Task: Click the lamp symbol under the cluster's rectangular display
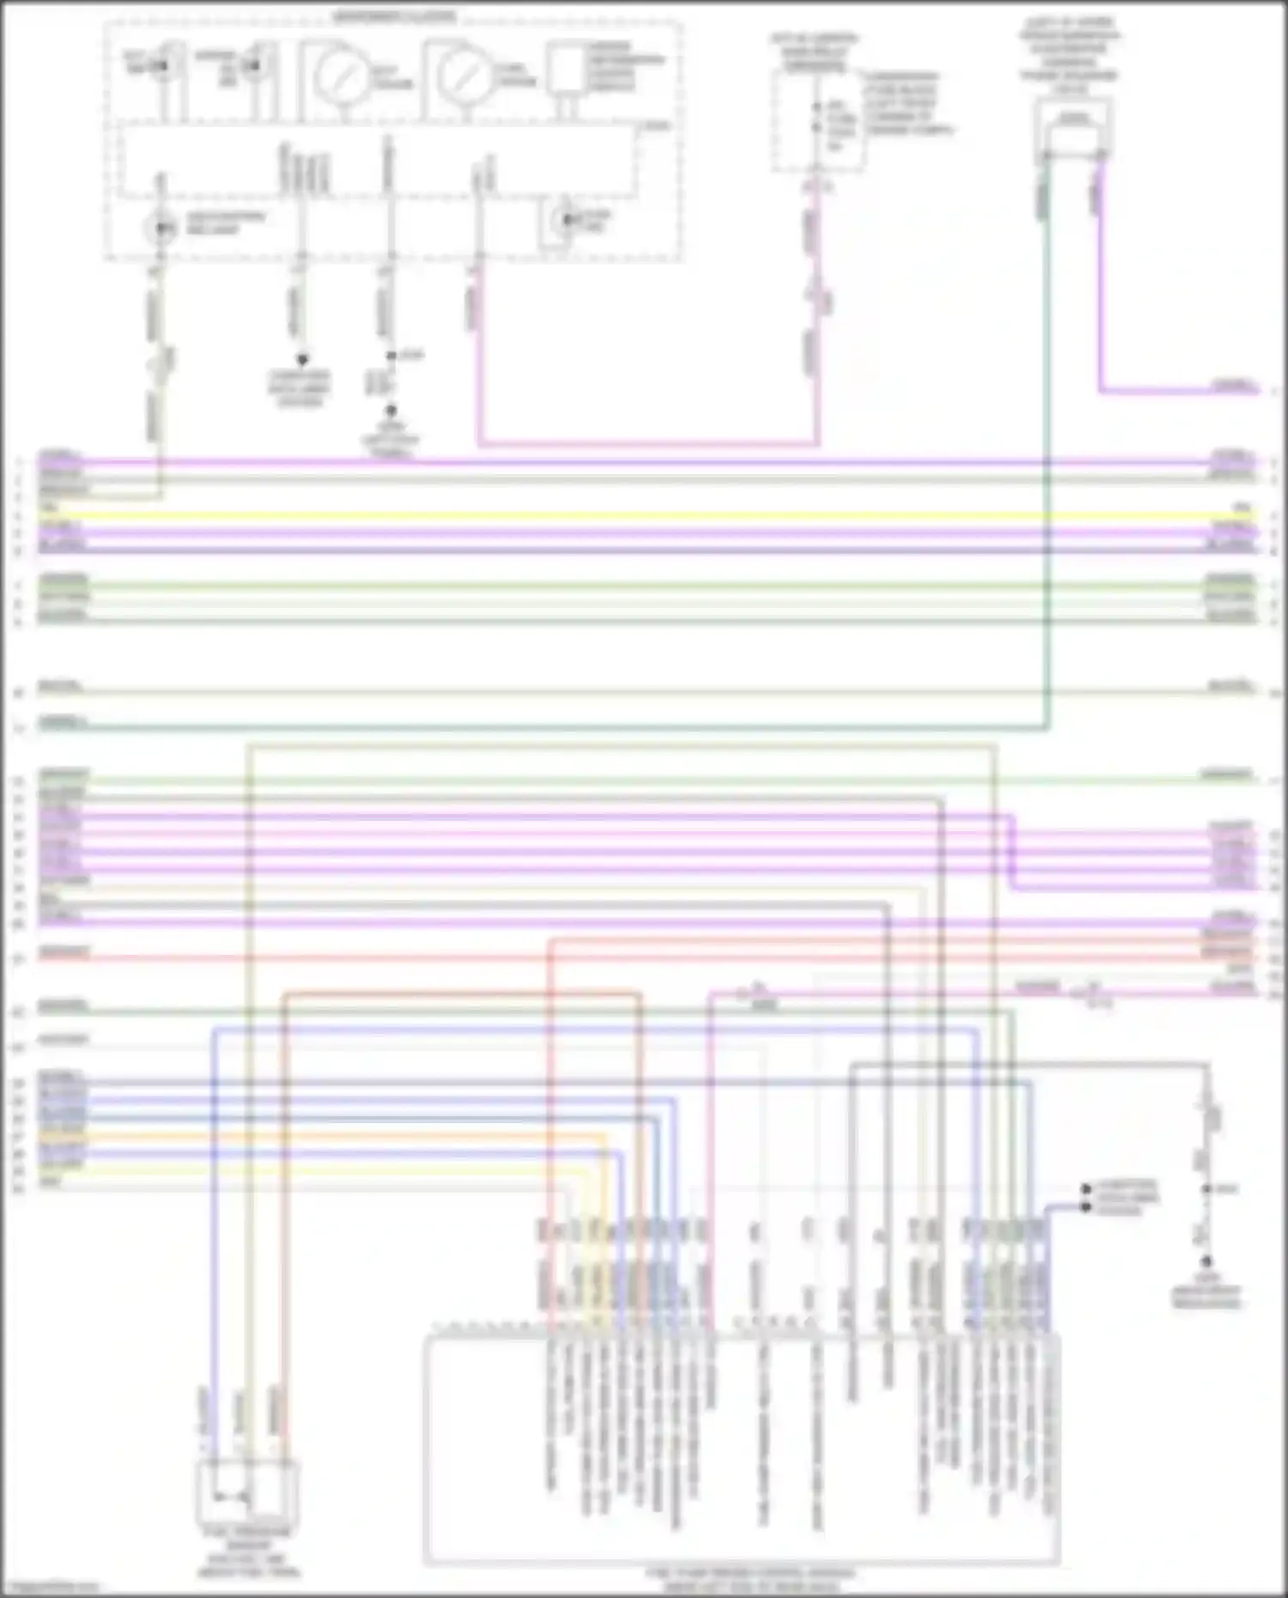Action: (x=565, y=222)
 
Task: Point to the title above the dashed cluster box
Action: (x=395, y=15)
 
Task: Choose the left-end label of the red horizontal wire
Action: (x=63, y=951)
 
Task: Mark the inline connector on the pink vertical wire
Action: (x=817, y=297)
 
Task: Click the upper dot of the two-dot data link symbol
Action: (x=1086, y=1189)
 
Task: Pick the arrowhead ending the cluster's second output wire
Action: (x=301, y=361)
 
